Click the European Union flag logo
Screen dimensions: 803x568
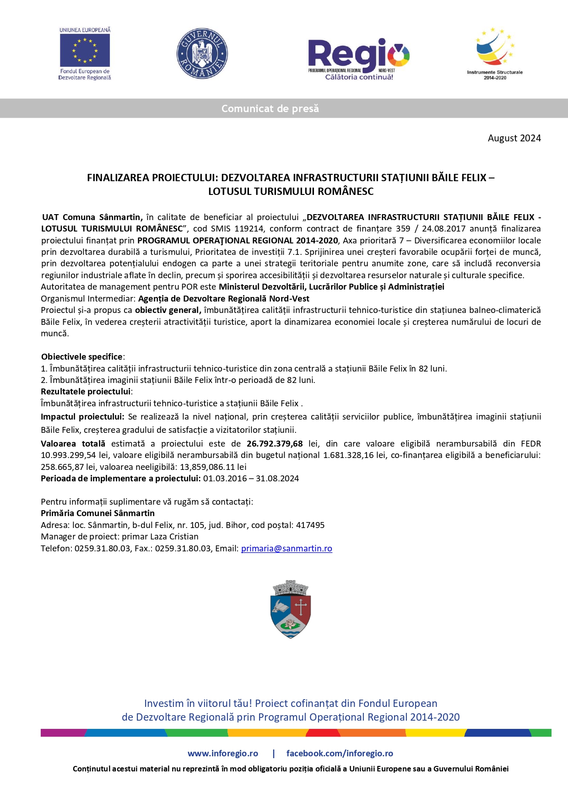85,50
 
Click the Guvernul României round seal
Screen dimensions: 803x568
202,54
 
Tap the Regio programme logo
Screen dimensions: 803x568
359,59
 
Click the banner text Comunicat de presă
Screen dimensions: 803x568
270,109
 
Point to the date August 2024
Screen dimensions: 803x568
514,138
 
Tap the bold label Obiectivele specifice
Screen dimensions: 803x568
82,357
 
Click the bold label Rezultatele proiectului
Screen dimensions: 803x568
86,392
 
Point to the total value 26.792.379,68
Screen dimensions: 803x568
275,444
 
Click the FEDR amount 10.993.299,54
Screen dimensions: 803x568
69,455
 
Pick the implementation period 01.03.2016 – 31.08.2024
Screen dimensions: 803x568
251,479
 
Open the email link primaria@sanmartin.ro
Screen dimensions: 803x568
287,549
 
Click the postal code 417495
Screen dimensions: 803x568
310,525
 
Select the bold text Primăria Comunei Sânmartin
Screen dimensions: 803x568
97,513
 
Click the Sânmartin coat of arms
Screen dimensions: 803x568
291,609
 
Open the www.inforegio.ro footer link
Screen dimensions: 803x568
223,754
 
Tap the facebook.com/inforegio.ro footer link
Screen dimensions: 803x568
340,754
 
